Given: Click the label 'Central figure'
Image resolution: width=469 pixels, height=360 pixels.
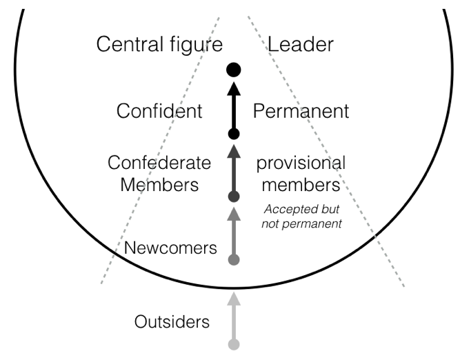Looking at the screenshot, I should (x=159, y=46).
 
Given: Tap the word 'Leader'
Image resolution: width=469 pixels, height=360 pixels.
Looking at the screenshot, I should (x=300, y=46).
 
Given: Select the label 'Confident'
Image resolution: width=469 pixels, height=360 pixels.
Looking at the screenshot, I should (x=159, y=111).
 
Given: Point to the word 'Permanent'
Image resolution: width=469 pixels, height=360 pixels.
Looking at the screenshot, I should (x=301, y=111).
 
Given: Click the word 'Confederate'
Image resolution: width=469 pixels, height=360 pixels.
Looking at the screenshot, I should (x=159, y=163).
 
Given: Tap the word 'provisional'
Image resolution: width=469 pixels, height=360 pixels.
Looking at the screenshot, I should (x=301, y=164).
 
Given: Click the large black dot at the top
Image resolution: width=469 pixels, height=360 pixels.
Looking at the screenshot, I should (x=234, y=69).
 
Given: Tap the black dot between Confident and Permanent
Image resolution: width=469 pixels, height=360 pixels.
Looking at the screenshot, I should (x=234, y=134).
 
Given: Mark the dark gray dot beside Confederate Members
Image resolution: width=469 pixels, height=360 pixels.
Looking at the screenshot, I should (x=234, y=197).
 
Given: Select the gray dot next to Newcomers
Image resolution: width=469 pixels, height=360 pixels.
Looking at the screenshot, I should (x=234, y=260).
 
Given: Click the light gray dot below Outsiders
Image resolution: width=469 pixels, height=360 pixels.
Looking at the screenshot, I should (x=234, y=344).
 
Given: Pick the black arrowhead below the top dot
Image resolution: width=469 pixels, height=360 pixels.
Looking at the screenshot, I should (x=234, y=88).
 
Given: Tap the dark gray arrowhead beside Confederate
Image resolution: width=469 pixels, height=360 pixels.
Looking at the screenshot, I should (x=234, y=151).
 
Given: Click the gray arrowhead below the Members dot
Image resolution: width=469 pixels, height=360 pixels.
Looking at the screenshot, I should (x=234, y=214).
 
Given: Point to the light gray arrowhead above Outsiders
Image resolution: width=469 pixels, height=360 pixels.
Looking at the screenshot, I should (x=234, y=299).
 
